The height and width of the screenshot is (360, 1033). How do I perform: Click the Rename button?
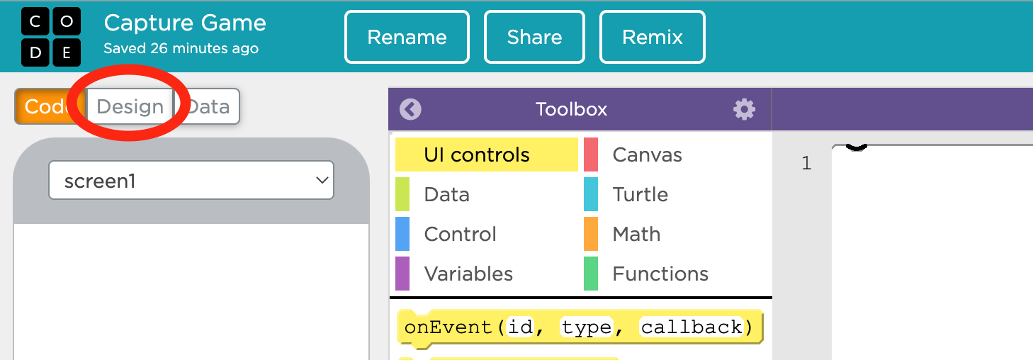pos(407,37)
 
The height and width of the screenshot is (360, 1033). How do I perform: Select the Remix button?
pos(652,37)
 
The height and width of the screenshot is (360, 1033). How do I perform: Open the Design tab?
pos(130,106)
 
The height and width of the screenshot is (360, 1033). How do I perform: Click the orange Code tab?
pos(46,106)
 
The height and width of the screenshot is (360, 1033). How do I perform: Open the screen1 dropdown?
pos(191,180)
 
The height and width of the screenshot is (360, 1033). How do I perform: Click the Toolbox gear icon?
pos(745,109)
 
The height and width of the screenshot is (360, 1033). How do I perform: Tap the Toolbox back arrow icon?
pos(410,109)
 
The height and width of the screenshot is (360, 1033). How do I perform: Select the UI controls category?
pos(487,154)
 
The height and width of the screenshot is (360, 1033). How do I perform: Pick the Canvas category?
pos(647,154)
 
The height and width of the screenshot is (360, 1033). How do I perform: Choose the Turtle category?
pos(640,194)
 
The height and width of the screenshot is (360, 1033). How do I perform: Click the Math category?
pos(636,234)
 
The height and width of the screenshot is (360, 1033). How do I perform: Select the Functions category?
pos(660,274)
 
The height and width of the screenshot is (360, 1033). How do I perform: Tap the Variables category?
pos(468,274)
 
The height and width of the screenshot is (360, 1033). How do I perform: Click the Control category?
pos(460,234)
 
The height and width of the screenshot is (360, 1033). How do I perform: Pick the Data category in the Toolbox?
pos(446,194)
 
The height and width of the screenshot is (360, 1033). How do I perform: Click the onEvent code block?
pos(580,327)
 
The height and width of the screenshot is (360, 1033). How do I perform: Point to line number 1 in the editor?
pos(806,163)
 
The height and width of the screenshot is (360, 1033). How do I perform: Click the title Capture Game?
pos(185,23)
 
